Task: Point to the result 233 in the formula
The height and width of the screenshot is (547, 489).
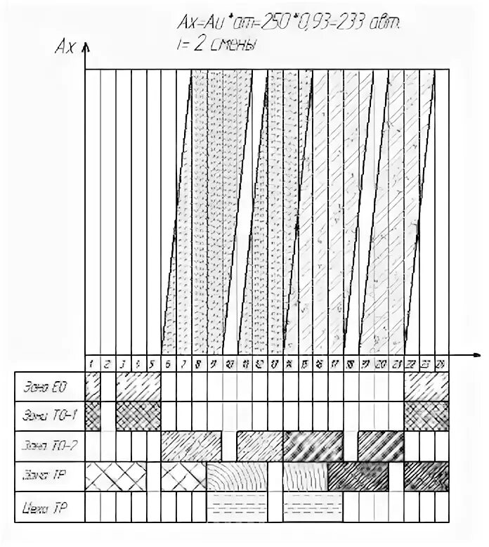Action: (x=363, y=25)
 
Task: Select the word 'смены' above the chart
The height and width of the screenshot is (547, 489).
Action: (x=235, y=44)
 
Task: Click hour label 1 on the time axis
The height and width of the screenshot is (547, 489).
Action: (x=92, y=363)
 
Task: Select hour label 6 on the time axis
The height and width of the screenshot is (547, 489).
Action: (x=169, y=363)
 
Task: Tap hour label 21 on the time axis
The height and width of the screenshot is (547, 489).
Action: (x=397, y=363)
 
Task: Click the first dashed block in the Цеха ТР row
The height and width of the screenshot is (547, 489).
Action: (x=238, y=506)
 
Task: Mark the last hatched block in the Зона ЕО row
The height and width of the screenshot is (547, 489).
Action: (x=427, y=386)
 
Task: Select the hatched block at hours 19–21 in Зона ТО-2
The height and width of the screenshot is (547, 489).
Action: (x=382, y=446)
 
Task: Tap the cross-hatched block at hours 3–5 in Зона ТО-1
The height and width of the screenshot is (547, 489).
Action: (x=138, y=416)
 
